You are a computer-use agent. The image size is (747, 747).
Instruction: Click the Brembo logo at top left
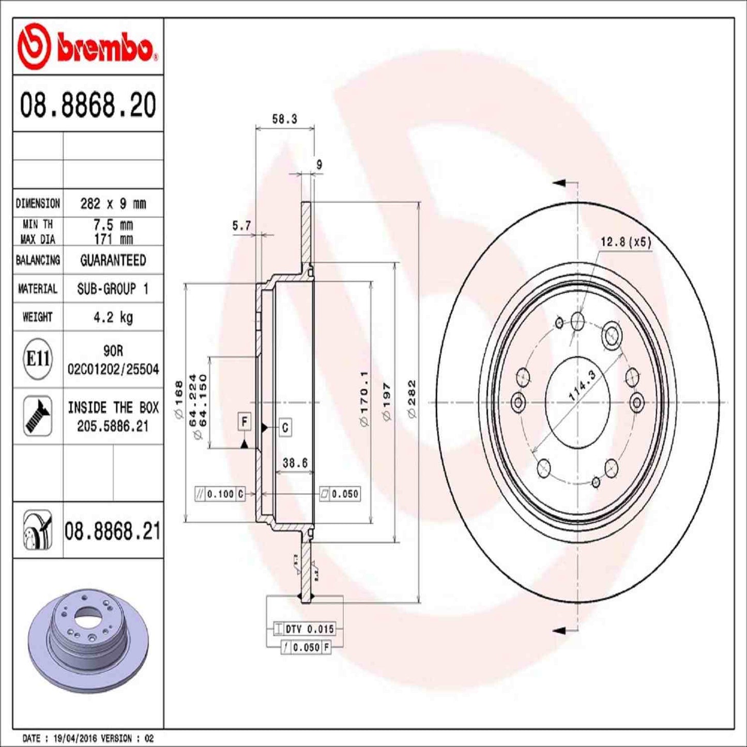[87, 48]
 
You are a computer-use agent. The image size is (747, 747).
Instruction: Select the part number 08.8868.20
[88, 105]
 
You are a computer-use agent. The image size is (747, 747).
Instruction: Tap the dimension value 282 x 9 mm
[113, 204]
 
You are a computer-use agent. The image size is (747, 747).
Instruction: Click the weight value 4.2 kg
[113, 317]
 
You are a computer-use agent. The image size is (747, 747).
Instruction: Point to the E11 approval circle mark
[38, 358]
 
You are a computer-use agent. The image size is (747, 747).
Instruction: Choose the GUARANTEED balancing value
[113, 260]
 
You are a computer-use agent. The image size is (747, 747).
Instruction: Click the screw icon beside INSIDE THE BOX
[38, 416]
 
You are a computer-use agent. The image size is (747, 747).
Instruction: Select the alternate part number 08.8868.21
[112, 531]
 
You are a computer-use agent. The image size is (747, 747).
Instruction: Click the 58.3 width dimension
[284, 119]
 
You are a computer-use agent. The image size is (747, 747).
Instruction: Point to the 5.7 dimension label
[241, 225]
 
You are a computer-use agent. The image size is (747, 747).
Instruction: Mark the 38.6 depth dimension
[295, 463]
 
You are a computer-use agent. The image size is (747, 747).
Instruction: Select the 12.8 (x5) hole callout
[626, 242]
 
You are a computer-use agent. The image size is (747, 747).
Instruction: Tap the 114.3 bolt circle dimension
[582, 385]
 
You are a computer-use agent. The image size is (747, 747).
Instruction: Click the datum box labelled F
[245, 422]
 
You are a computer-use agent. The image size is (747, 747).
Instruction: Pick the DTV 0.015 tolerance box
[309, 629]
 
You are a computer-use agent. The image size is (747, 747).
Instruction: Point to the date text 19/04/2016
[75, 738]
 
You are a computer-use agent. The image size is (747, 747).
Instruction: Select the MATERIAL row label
[38, 288]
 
